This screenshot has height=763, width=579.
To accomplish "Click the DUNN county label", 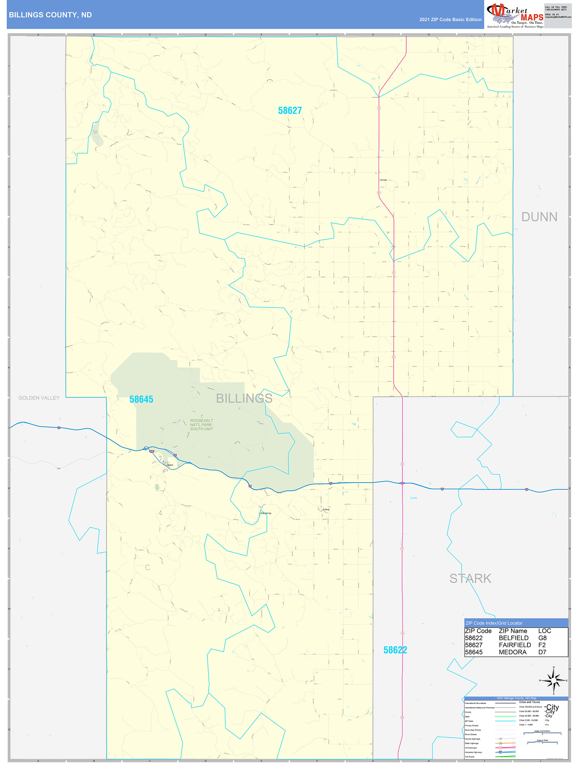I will pos(539,217).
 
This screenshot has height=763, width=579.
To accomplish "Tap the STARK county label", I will pos(470,578).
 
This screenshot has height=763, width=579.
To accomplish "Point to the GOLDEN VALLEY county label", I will pos(39,398).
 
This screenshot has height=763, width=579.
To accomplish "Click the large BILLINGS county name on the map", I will pos(244,399).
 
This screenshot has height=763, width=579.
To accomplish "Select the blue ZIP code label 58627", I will pos(290,111).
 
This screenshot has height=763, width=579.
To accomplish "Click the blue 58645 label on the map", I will pos(141,399).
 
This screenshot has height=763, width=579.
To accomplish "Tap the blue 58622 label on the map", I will pos(395,650).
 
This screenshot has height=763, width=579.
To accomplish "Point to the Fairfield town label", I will pos(383,180).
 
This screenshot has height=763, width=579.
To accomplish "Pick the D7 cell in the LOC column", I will pos(542,652).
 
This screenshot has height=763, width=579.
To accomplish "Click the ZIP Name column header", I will pos(513,631).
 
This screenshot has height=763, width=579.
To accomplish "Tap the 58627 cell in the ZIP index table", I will pos(473,645).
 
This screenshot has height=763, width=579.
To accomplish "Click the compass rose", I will pos(553,680).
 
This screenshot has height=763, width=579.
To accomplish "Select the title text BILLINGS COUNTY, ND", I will pos(50,15).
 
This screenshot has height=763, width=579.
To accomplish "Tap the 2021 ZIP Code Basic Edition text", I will pos(450,20).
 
